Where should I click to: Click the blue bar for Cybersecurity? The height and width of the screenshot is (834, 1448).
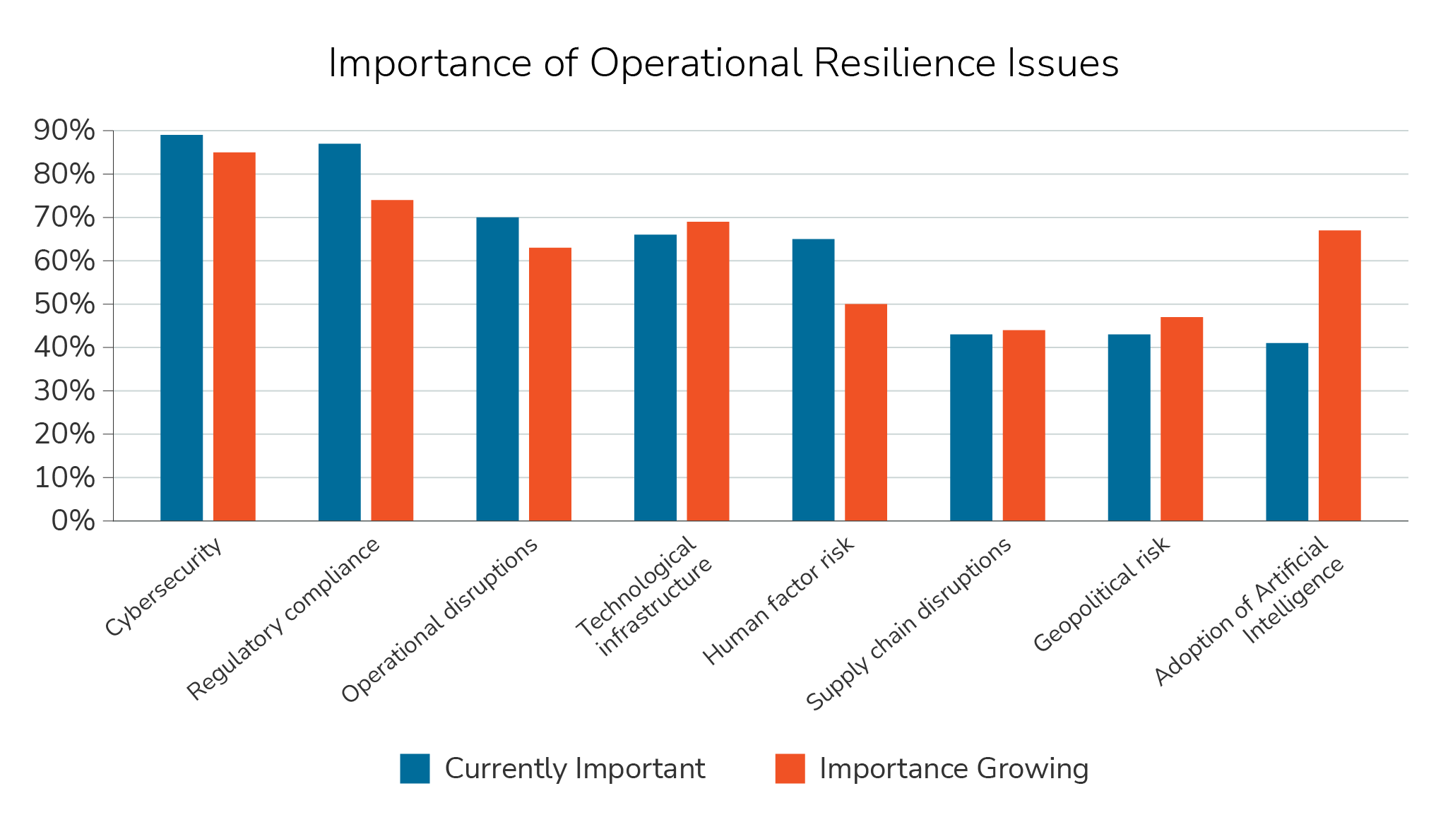click(182, 328)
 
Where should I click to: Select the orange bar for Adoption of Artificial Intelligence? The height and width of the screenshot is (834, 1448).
click(1339, 376)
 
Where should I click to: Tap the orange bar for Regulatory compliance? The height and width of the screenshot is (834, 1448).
click(392, 360)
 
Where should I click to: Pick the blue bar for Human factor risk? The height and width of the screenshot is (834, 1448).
click(813, 380)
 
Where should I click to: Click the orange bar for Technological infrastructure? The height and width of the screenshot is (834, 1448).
click(708, 371)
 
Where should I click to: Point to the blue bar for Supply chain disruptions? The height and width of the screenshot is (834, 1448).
click(971, 427)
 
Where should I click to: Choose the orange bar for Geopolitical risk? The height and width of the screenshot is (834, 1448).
click(1181, 419)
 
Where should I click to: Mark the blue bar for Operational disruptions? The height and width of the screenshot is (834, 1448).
click(497, 369)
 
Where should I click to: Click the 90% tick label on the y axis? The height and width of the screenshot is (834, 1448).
click(64, 131)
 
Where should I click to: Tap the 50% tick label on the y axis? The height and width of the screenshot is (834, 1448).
click(64, 304)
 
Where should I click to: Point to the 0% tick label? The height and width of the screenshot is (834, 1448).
click(73, 521)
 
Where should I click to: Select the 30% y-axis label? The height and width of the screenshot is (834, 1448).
click(64, 391)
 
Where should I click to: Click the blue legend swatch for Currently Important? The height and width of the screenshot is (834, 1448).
click(415, 768)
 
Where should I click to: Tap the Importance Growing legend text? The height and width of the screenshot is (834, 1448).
click(954, 768)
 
